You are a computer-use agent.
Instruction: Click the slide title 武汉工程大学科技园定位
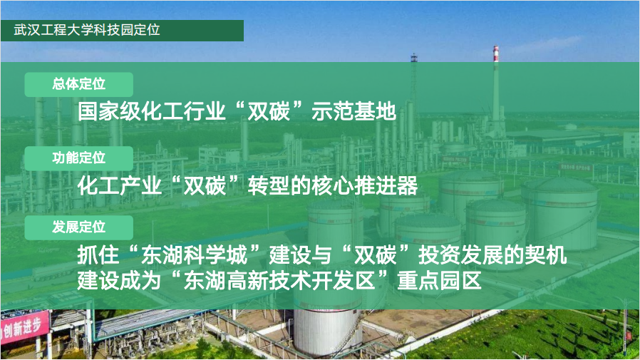[86, 30]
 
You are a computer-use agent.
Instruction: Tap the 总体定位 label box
[79, 85]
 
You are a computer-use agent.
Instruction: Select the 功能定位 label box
[79, 158]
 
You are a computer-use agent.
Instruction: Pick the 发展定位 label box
[79, 227]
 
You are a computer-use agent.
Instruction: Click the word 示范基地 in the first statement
[353, 111]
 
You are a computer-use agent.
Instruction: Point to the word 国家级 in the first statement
[109, 111]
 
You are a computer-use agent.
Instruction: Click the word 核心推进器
[364, 186]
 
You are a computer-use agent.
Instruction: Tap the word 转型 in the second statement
[269, 186]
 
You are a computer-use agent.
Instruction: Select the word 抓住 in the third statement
[98, 255]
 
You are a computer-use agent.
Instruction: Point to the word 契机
[546, 255]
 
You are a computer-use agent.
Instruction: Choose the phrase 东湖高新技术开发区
[279, 280]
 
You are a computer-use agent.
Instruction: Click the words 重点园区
[440, 280]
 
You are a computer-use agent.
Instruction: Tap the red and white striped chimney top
[496, 54]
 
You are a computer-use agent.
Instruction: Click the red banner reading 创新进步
[24, 328]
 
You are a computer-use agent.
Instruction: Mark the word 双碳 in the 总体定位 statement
[269, 111]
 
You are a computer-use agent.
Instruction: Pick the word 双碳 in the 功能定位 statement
[205, 186]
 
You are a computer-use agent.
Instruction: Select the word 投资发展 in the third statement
[460, 255]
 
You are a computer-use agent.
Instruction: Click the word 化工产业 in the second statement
[120, 186]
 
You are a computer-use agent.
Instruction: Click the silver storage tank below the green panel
[328, 331]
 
